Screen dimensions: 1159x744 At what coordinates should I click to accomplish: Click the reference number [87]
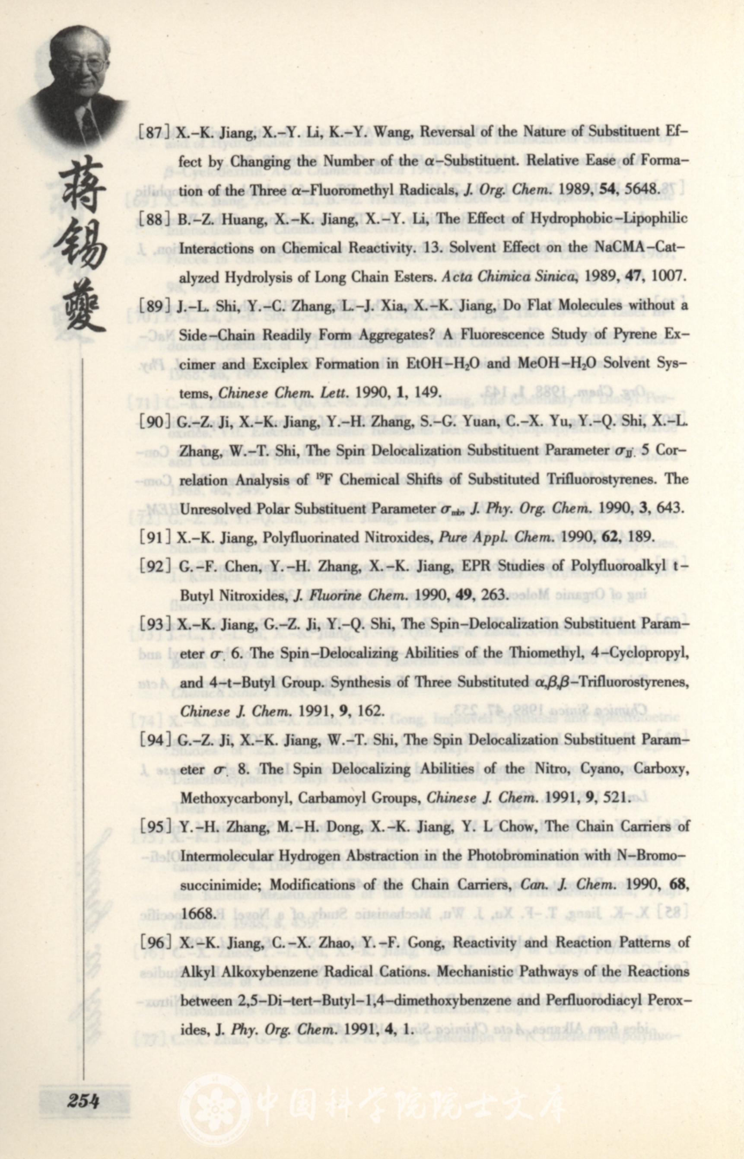click(x=154, y=132)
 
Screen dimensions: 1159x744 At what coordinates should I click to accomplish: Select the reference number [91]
click(x=154, y=537)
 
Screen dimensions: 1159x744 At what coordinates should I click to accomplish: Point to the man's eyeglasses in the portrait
click(x=82, y=63)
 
